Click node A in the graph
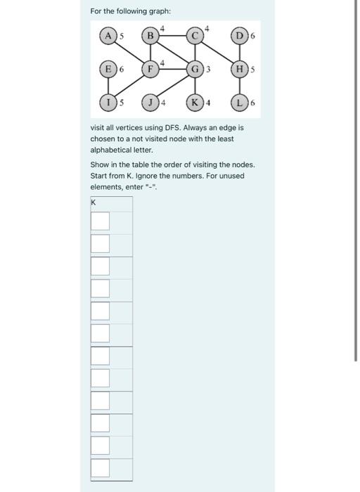click(108, 35)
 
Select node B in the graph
click(150, 35)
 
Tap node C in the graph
click(193, 35)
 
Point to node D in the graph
click(241, 35)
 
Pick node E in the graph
click(108, 70)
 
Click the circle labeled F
click(150, 70)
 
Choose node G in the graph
click(193, 70)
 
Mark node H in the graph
click(241, 70)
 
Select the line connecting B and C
click(172, 35)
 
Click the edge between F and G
click(172, 70)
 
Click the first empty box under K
click(100, 221)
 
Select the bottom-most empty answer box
click(100, 467)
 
